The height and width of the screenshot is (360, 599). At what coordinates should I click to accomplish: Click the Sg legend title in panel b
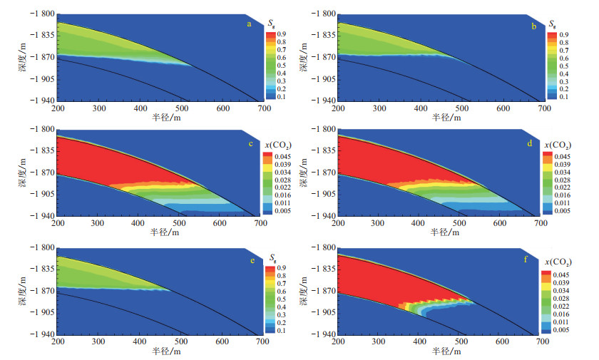[x=553, y=23]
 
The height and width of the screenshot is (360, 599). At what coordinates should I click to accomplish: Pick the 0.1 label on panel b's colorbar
[x=563, y=96]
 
